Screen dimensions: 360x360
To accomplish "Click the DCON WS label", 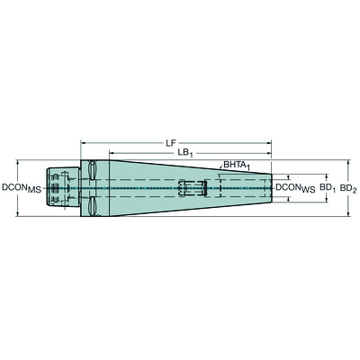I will coord(295,188).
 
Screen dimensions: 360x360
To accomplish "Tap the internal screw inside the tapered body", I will coord(193,188).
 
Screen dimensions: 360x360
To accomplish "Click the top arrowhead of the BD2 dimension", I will coord(350,164).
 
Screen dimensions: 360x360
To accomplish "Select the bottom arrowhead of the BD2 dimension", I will coord(350,214).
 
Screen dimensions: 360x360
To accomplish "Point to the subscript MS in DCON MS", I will coord(34,190).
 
